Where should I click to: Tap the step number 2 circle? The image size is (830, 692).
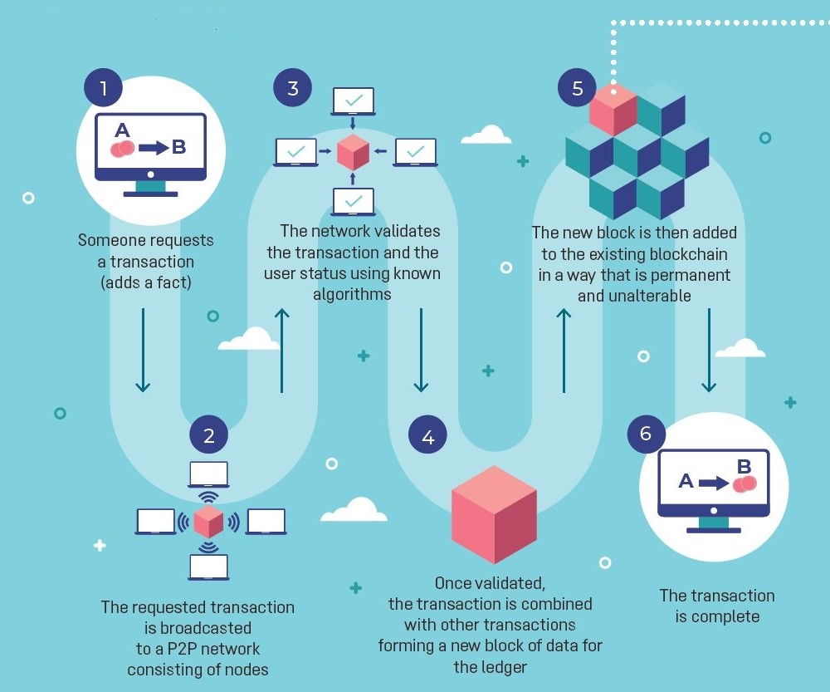[x=208, y=434]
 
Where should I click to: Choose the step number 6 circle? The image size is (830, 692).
[x=646, y=434]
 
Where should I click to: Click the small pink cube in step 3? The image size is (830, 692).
[x=353, y=152]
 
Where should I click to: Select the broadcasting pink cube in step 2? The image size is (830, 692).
[x=208, y=522]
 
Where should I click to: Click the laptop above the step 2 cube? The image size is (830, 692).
[x=208, y=474]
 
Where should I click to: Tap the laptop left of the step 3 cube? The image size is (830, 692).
[x=296, y=152]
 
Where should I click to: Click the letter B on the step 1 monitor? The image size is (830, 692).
[x=178, y=148]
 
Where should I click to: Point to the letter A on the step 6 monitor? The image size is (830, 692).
[x=686, y=480]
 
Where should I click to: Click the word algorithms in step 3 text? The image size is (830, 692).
[x=352, y=294]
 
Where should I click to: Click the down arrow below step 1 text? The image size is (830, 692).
[x=143, y=349]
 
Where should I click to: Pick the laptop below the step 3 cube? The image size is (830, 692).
[x=354, y=202]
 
